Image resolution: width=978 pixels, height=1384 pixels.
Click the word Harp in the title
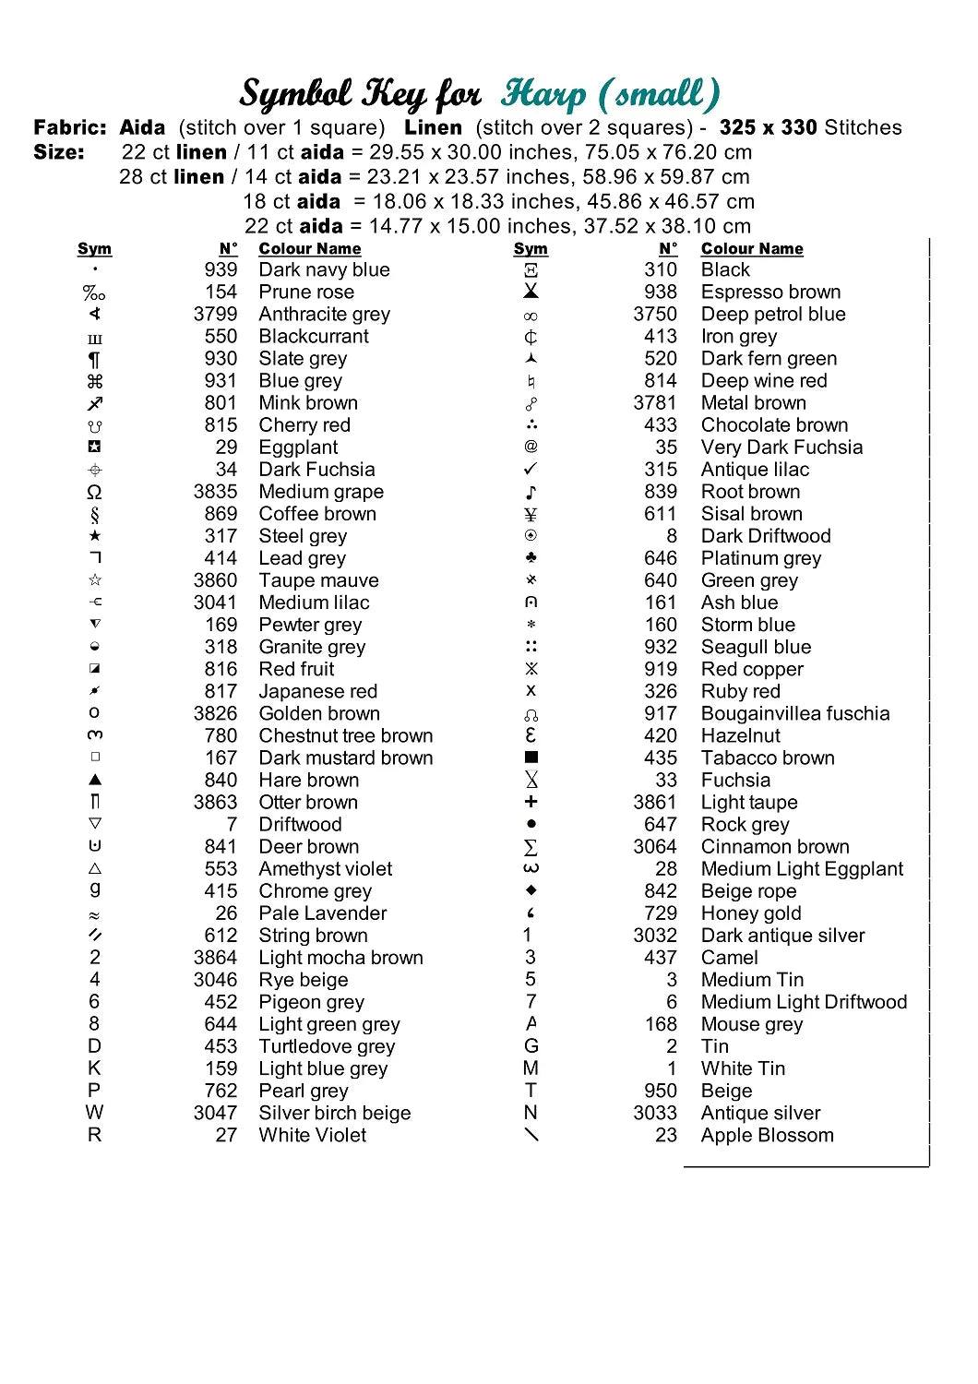(x=543, y=93)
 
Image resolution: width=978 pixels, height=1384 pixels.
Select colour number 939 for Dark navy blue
(x=221, y=269)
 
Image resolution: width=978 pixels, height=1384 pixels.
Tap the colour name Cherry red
(x=304, y=424)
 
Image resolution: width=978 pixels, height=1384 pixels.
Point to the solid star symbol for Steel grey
(x=95, y=536)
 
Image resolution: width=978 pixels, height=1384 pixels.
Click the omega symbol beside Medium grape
(x=94, y=492)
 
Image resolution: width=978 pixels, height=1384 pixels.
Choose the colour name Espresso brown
(x=770, y=292)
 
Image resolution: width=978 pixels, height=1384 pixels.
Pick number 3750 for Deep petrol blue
(x=655, y=314)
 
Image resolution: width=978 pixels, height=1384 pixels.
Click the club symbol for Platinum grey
(x=531, y=558)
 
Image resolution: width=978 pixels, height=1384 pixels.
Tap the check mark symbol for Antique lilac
(x=531, y=469)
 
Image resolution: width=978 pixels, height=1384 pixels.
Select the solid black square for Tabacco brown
(x=531, y=758)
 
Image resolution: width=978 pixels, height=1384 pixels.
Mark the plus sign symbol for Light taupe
(x=531, y=802)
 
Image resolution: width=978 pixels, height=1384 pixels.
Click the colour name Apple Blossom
(x=767, y=1135)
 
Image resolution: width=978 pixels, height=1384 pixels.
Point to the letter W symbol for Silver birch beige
(x=94, y=1113)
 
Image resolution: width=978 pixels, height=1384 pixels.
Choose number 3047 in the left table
(x=215, y=1113)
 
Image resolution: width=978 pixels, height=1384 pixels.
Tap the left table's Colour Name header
(x=309, y=248)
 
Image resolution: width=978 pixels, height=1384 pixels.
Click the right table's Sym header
(x=531, y=248)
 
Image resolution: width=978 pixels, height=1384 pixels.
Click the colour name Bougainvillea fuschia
(x=795, y=713)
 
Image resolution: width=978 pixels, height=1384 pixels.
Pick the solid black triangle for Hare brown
(x=95, y=780)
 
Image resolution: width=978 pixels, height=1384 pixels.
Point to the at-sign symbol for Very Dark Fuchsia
(x=531, y=447)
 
